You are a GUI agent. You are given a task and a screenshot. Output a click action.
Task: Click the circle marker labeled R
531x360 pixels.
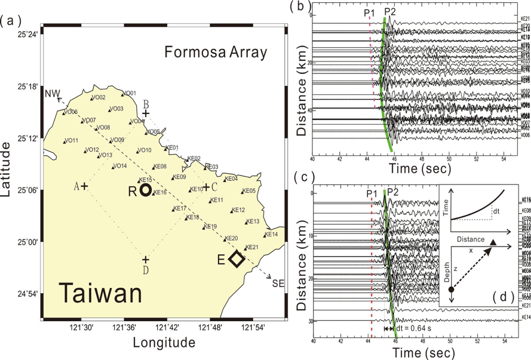point(146,190)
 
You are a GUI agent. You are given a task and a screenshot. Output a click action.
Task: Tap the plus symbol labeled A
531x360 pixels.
point(84,186)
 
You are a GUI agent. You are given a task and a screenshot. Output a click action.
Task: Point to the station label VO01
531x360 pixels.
point(130,93)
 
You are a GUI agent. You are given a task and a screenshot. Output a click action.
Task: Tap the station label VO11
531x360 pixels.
point(72,140)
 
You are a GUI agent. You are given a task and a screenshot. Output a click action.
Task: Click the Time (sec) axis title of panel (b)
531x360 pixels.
point(416,170)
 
